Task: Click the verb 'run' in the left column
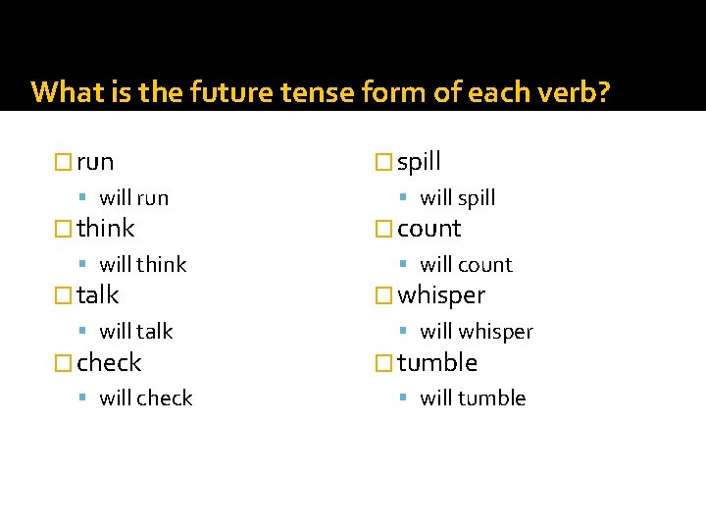[95, 162]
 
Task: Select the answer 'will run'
[133, 198]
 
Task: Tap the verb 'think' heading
[105, 229]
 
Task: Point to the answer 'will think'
[142, 265]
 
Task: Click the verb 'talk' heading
[97, 295]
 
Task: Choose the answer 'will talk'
[135, 332]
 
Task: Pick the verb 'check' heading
[109, 363]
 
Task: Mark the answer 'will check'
[145, 398]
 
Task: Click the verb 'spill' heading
[419, 162]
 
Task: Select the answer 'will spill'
[457, 198]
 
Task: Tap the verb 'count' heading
[429, 229]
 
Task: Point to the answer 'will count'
[466, 265]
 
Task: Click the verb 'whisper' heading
[440, 295]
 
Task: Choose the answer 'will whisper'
[476, 332]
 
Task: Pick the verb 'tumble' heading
[436, 363]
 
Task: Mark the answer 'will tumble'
[473, 398]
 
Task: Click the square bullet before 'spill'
[384, 162]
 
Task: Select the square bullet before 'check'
[64, 363]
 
